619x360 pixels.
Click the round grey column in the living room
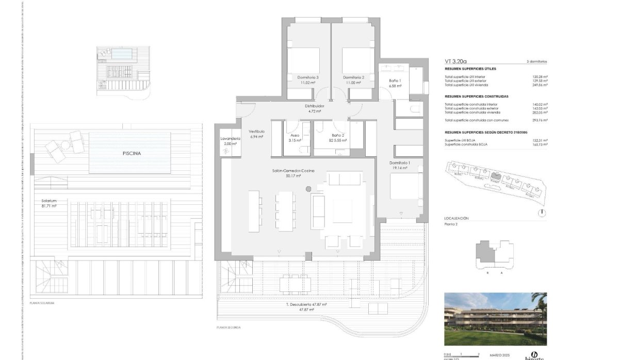(x=308, y=189)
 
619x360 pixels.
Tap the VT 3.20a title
(x=454, y=61)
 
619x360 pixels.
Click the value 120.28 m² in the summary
(x=540, y=77)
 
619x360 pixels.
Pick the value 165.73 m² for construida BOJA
(x=540, y=144)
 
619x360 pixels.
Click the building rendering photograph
(x=495, y=319)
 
